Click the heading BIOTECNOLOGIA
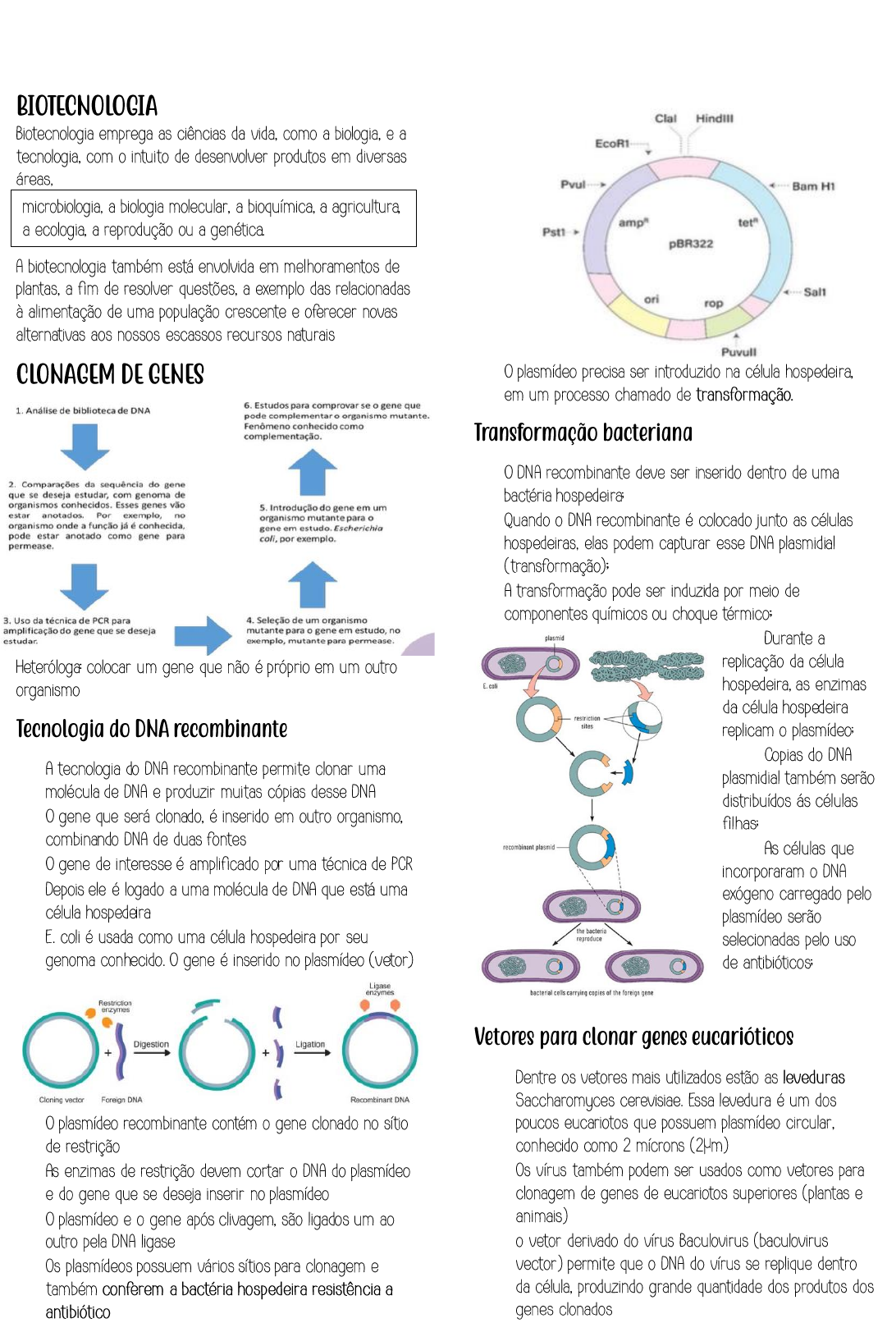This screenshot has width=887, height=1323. (x=87, y=106)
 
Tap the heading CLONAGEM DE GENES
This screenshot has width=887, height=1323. (x=110, y=374)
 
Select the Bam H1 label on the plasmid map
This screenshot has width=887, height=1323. (x=812, y=186)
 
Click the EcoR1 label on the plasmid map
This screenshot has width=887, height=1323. (x=612, y=144)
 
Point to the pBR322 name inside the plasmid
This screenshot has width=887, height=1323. (x=691, y=244)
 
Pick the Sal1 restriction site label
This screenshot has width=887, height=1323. (x=814, y=292)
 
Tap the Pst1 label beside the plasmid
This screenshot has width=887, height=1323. (x=554, y=232)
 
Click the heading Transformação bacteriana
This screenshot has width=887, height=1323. (x=583, y=433)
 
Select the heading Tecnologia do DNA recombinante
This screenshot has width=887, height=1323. (x=152, y=729)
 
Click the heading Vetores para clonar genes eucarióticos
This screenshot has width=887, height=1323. (x=633, y=1037)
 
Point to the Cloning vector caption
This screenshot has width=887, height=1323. (x=62, y=1100)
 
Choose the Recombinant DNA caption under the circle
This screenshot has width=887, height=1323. (x=379, y=1100)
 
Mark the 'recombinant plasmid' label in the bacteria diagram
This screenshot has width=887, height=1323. (x=528, y=847)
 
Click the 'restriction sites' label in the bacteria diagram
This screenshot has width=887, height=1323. (x=587, y=722)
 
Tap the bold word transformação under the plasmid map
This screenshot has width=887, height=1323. (x=744, y=395)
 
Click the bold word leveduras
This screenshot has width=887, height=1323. (x=813, y=1078)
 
